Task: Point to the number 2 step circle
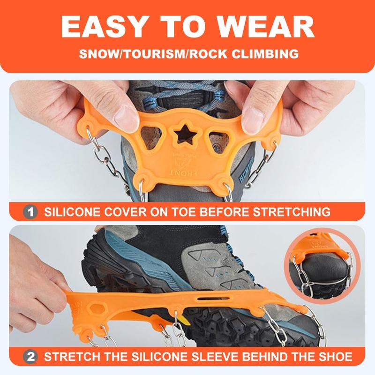click(x=30, y=357)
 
